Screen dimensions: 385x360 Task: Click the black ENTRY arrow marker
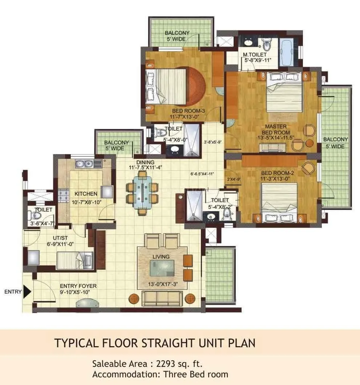26,291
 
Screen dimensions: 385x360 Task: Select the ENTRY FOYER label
78,286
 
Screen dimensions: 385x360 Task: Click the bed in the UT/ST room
75,259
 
